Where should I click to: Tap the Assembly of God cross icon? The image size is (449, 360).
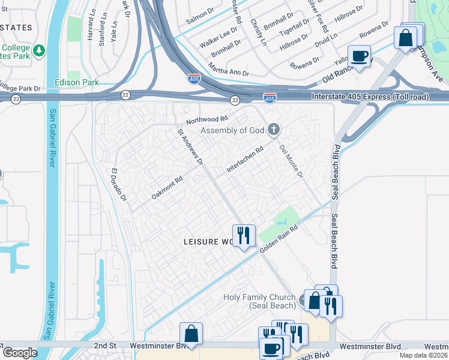(274, 129)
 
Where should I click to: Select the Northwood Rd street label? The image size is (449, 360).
(208, 120)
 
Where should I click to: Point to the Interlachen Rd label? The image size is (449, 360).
(245, 161)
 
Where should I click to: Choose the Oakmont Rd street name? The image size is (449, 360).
(167, 188)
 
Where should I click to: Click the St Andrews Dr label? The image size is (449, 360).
(190, 146)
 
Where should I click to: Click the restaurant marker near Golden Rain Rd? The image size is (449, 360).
(243, 235)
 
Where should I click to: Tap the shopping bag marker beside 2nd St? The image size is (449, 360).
(191, 334)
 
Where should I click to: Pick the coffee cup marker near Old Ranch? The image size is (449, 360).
(360, 57)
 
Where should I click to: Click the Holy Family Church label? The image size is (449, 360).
(259, 302)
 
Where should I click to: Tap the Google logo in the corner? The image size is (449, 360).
(20, 353)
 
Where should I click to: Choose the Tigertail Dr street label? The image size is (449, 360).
(294, 27)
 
